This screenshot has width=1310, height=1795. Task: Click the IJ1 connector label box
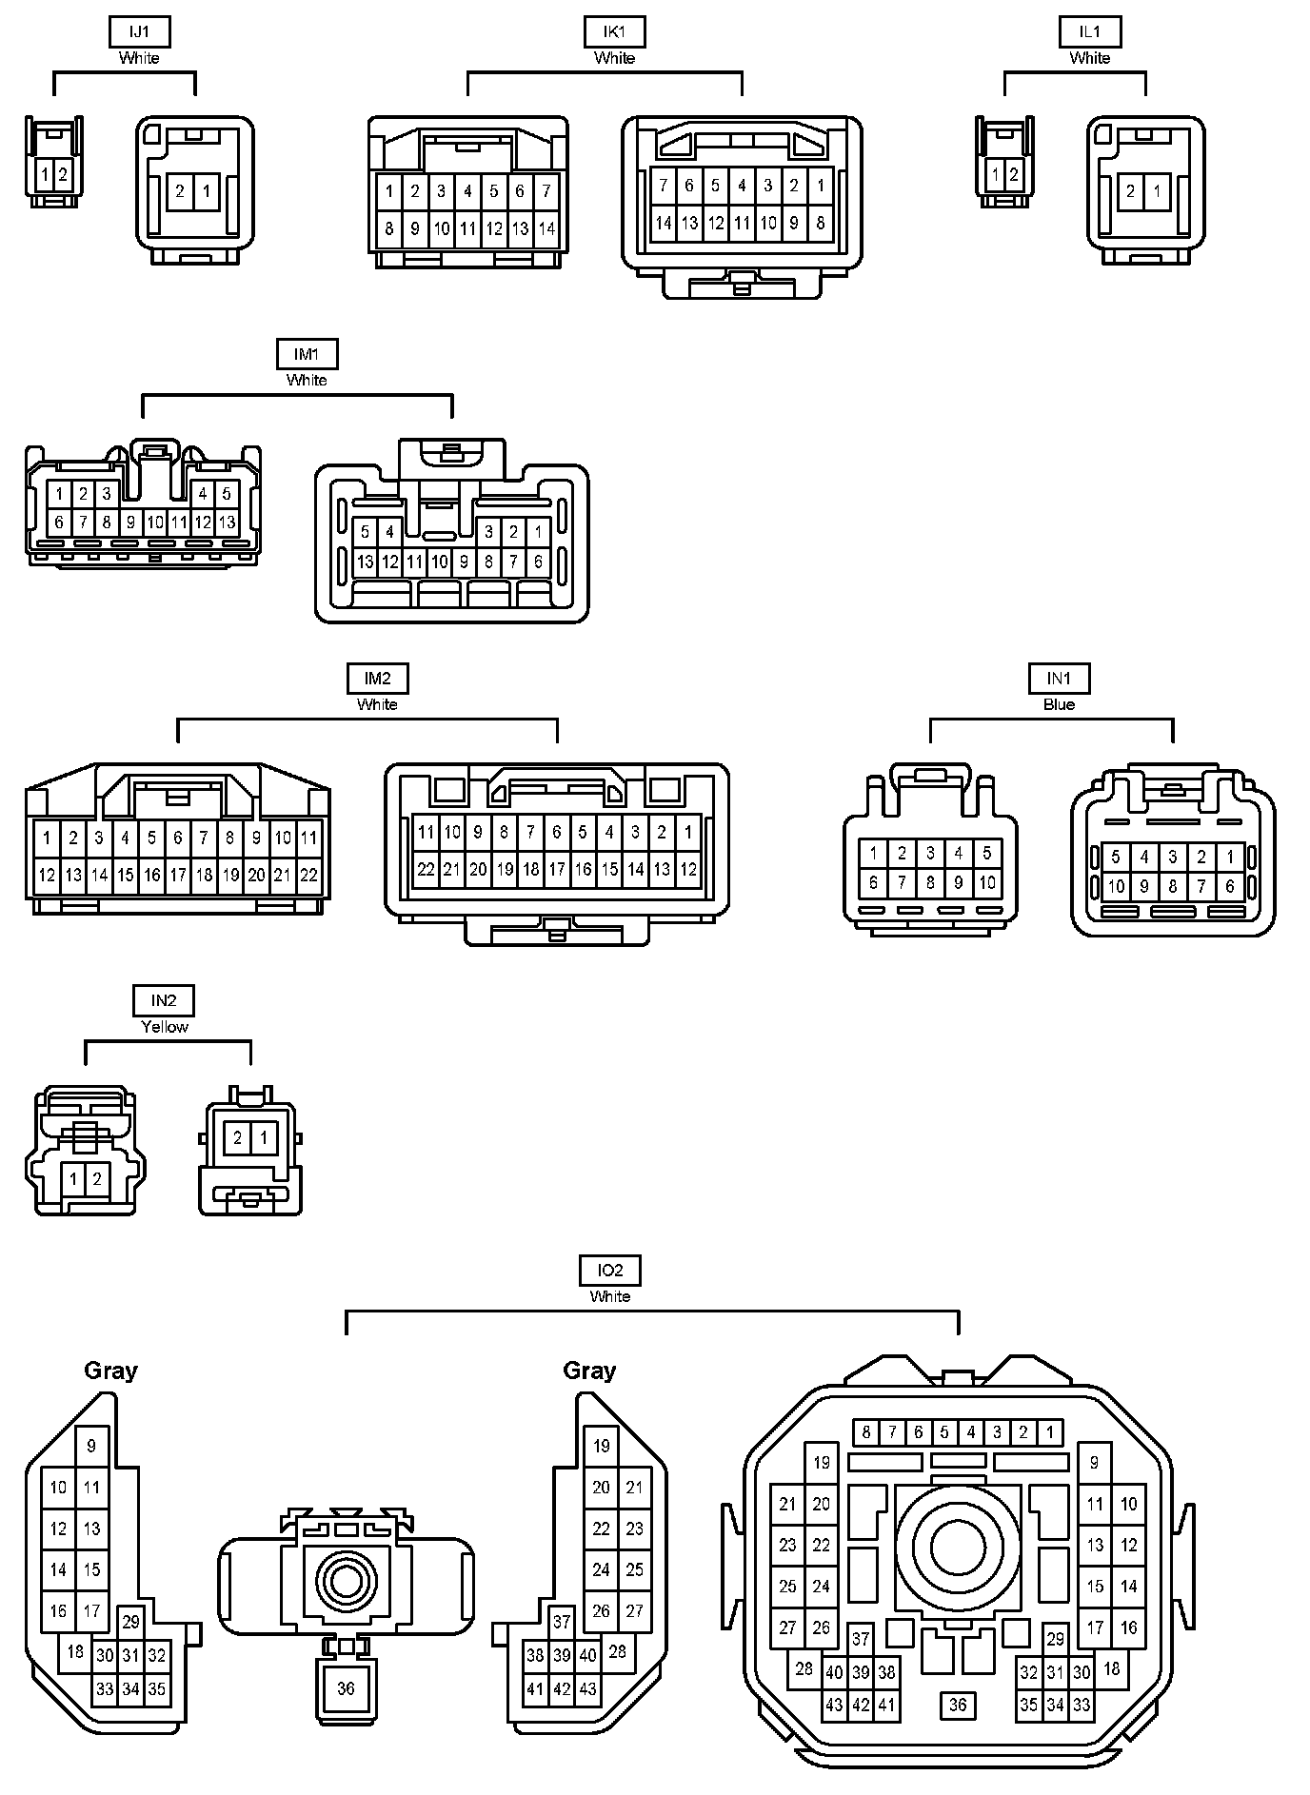(x=139, y=31)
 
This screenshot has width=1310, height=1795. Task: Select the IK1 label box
(x=614, y=31)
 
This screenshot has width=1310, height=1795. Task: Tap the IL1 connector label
(x=1089, y=31)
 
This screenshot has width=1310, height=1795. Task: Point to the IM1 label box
(x=307, y=354)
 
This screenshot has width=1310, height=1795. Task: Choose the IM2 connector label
(x=377, y=679)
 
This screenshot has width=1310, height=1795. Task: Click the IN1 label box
(x=1059, y=679)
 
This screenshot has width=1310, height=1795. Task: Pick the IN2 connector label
(x=164, y=1000)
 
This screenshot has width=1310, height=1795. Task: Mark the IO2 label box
(x=610, y=1270)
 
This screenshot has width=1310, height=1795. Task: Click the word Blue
(x=1059, y=705)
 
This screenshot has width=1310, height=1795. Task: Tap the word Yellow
(x=164, y=1027)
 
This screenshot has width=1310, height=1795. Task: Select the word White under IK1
(x=614, y=58)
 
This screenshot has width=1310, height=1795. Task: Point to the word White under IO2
(x=610, y=1296)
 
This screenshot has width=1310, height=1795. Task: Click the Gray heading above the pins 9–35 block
(x=110, y=1371)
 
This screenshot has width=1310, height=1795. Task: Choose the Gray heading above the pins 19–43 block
(x=589, y=1371)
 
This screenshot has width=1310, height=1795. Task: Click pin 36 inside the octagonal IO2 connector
(x=958, y=1706)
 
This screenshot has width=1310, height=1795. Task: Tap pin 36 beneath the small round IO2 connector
(x=346, y=1687)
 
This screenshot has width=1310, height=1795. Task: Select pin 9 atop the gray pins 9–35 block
(x=91, y=1446)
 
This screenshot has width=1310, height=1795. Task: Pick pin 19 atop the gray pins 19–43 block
(x=601, y=1446)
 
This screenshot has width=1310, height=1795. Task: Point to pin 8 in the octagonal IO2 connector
(x=865, y=1431)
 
